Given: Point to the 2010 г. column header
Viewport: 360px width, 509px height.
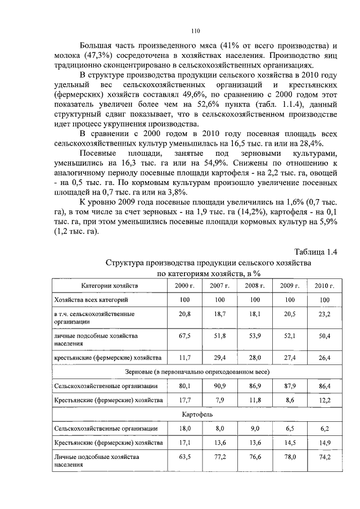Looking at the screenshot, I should click(x=324, y=286).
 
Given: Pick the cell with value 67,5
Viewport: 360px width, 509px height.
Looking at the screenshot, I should click(x=184, y=336).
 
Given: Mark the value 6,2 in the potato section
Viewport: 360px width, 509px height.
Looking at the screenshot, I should click(x=324, y=429).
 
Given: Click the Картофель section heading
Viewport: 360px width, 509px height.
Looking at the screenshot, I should click(x=196, y=415).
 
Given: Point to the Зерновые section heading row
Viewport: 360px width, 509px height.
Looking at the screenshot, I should click(x=196, y=372).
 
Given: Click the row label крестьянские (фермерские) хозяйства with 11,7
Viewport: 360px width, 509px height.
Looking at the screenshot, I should click(x=107, y=358).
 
